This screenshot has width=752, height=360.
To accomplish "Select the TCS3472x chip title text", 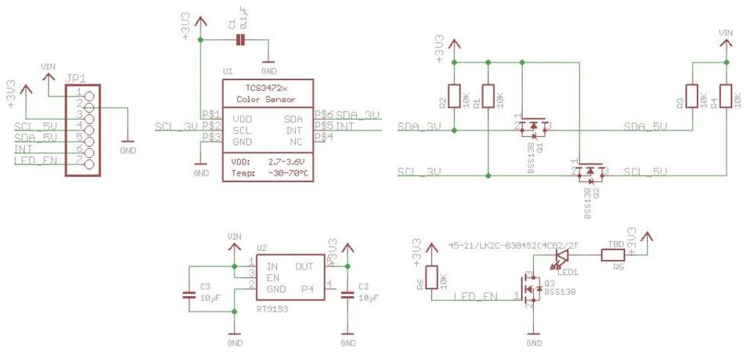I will [265, 87].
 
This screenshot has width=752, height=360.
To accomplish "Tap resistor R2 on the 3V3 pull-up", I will [455, 96].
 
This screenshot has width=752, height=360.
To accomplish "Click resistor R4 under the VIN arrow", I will [726, 96].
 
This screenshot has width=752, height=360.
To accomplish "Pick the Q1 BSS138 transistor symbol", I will [532, 129].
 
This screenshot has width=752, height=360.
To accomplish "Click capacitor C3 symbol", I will [189, 295].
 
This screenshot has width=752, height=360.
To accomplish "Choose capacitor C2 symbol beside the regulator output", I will [348, 295].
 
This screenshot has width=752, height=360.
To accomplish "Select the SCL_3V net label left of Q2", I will [419, 172].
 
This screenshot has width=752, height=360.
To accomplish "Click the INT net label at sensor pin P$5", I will [345, 127].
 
